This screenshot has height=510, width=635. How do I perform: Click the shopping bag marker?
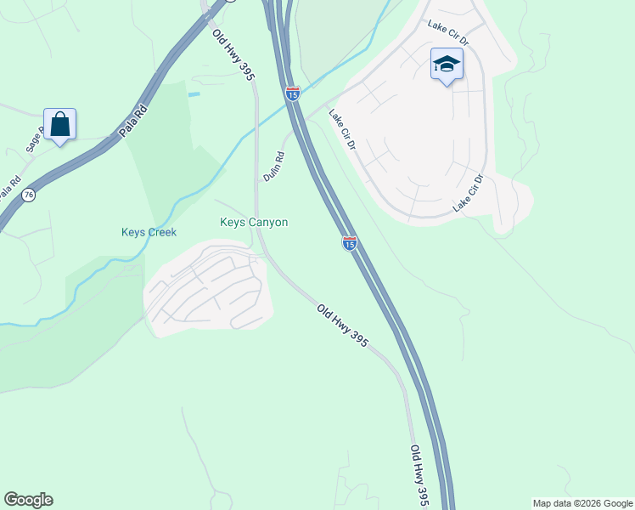59,125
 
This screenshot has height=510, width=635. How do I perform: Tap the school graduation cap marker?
447,65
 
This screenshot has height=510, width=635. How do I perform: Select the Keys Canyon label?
254,223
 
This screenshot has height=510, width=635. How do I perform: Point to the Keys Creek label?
149,232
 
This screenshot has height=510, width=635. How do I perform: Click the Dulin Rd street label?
273,165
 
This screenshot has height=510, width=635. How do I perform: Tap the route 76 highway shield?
29,195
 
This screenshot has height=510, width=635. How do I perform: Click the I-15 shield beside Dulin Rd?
292,94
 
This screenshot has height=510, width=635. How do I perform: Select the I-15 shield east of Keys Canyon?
349,244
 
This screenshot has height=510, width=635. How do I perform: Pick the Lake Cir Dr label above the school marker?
448,33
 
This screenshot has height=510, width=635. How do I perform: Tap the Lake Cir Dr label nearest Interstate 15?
342,131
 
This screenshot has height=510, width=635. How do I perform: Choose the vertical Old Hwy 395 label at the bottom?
419,475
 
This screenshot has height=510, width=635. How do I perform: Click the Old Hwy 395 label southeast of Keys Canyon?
343,326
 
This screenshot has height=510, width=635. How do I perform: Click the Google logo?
28,500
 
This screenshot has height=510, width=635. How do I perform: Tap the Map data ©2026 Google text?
583,503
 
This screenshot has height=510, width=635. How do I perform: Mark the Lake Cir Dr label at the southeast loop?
468,193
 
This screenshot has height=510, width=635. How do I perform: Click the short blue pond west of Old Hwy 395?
194,93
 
